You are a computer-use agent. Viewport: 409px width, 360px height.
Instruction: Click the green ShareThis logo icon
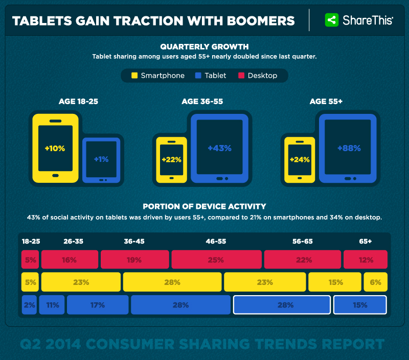[332, 20]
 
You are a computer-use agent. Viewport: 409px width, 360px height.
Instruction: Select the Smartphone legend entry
[158, 76]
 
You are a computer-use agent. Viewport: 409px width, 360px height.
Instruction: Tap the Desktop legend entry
[258, 76]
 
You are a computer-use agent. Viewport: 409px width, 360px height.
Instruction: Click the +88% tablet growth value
[349, 148]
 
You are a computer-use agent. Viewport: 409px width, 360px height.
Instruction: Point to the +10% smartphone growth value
[55, 148]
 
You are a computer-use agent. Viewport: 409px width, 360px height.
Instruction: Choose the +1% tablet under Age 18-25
[101, 159]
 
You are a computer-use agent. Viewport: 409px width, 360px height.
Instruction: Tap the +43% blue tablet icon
[219, 148]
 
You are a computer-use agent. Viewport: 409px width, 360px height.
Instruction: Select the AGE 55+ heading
[326, 102]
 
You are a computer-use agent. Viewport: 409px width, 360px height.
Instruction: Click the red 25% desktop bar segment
[216, 259]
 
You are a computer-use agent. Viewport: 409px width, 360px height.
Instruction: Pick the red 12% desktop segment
[365, 259]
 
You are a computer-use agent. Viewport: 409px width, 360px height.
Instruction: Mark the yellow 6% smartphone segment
[375, 281]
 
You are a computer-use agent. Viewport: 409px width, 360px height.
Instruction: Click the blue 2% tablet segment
[29, 305]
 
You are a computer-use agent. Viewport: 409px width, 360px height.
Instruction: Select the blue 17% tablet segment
[97, 305]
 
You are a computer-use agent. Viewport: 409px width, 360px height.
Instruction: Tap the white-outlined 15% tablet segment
[359, 305]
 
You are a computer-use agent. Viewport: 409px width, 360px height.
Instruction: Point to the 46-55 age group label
[216, 241]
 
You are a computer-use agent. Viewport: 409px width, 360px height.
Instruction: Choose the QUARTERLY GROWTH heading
[204, 47]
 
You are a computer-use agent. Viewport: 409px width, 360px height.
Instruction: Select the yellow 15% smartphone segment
[335, 281]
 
